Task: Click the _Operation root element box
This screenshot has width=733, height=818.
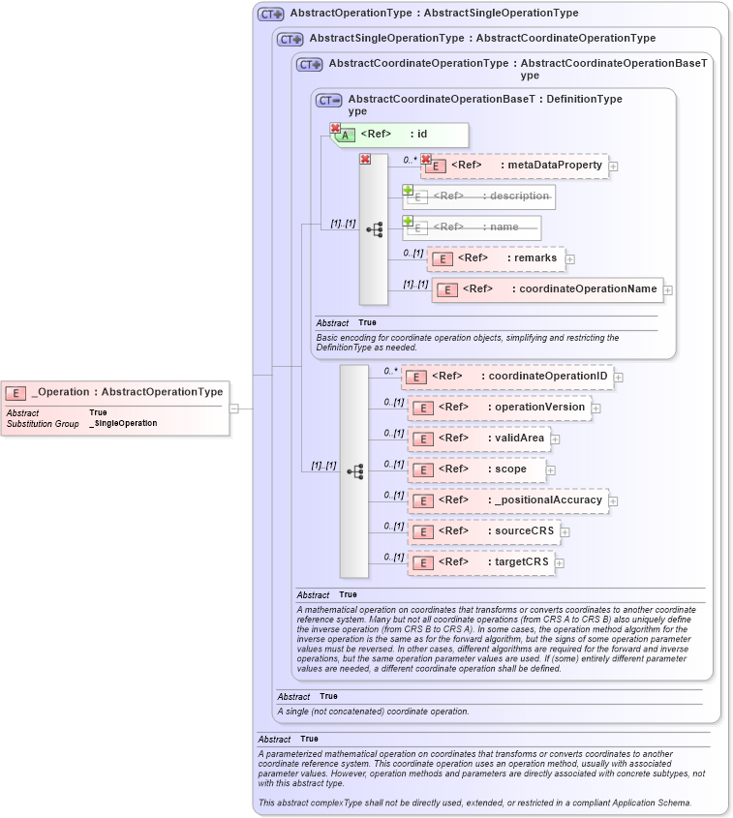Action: click(x=116, y=392)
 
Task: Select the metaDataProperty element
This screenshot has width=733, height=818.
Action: click(x=514, y=166)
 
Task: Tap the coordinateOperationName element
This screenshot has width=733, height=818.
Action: click(x=547, y=289)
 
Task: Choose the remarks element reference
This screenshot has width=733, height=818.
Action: click(x=496, y=258)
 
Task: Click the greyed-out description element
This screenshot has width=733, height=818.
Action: click(x=479, y=197)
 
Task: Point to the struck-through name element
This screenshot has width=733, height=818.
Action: click(x=473, y=227)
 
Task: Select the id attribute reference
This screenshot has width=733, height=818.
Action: click(x=400, y=135)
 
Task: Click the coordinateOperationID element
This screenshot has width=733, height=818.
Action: click(x=507, y=377)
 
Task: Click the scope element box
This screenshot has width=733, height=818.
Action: click(x=476, y=470)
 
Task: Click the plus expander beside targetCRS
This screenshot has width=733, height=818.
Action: click(x=560, y=562)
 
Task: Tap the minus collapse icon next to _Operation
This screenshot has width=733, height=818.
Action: click(x=234, y=409)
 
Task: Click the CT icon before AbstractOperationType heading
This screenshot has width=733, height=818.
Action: click(x=270, y=15)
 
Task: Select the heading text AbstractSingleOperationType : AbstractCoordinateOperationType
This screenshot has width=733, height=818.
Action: click(x=482, y=39)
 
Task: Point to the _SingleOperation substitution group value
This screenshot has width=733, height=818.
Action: click(x=123, y=423)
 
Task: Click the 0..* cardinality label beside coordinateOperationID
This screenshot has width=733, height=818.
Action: click(x=390, y=371)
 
